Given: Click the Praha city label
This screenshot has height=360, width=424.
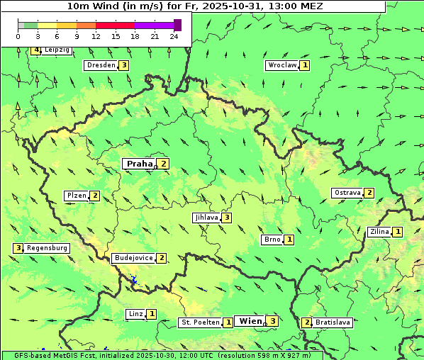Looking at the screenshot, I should (x=139, y=164).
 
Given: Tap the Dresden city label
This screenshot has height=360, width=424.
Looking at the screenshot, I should (x=100, y=65).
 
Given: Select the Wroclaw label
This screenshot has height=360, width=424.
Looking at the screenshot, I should (x=281, y=65).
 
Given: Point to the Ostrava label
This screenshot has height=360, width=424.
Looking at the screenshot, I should (x=347, y=193).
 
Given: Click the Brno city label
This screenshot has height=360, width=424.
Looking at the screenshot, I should (x=272, y=240).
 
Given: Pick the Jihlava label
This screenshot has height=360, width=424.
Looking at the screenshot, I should (x=206, y=218).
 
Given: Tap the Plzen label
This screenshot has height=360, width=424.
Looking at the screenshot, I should (x=76, y=196).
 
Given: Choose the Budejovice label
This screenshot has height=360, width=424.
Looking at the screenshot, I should (x=133, y=258).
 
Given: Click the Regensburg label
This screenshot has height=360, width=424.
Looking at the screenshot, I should (x=48, y=248).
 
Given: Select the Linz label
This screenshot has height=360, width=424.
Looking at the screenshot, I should (x=135, y=314).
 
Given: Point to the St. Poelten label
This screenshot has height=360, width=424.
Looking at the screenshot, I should (x=199, y=322).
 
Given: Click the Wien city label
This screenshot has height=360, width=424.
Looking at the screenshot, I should (x=250, y=321).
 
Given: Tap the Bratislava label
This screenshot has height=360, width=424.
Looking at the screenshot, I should (x=333, y=322).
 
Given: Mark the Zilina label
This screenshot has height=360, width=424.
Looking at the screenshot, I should (x=379, y=232).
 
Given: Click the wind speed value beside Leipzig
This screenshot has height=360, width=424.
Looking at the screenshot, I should (x=35, y=50).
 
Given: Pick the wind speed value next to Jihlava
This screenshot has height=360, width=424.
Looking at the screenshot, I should (x=226, y=218).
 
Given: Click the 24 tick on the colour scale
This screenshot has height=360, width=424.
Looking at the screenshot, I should (x=174, y=36).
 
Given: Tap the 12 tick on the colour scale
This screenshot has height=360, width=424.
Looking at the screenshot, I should (x=96, y=36).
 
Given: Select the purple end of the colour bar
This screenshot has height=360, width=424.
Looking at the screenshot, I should (x=177, y=25).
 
